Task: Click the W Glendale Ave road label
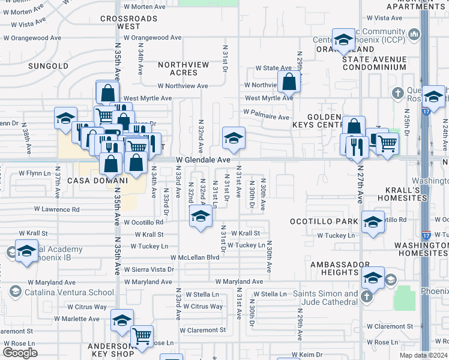(203, 160)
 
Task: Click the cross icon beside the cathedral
(366, 296)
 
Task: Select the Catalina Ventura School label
(69, 292)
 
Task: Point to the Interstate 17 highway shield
(426, 230)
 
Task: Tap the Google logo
(20, 353)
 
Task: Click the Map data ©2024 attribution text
(423, 355)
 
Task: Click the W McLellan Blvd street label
(195, 257)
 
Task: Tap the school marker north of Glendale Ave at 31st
(233, 137)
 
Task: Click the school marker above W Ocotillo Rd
(200, 217)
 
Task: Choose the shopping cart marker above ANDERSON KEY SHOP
(142, 336)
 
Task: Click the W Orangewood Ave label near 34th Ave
(152, 37)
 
